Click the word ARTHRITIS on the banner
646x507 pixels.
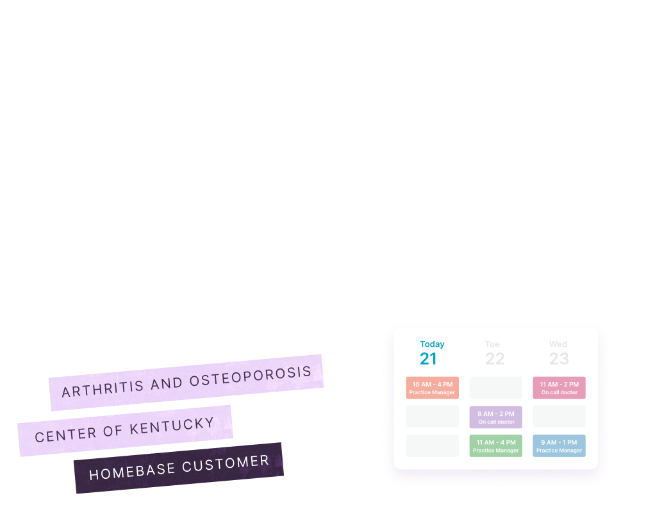click(103, 388)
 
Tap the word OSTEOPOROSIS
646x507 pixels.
click(251, 376)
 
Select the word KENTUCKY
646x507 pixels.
click(172, 426)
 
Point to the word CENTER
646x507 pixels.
click(65, 435)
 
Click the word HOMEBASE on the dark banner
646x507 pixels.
click(132, 472)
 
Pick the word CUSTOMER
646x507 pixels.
click(226, 463)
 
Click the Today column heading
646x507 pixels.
click(432, 344)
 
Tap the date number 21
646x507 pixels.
click(429, 358)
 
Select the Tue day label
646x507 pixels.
click(492, 344)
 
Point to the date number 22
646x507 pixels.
click(495, 358)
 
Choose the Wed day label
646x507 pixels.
click(558, 344)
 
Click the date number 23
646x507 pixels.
click(559, 358)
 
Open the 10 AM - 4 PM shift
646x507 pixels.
click(433, 388)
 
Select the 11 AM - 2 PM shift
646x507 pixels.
click(559, 388)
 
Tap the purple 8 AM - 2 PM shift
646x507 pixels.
click(496, 417)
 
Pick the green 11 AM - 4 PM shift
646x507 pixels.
click(496, 445)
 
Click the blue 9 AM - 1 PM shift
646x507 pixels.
click(559, 445)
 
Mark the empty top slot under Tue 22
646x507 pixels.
click(496, 388)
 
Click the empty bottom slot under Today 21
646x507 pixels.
click(433, 445)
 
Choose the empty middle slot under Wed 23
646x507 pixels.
click(559, 417)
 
